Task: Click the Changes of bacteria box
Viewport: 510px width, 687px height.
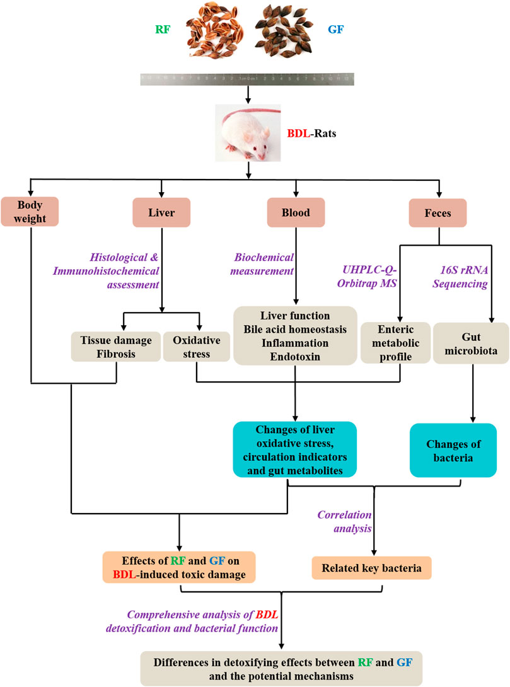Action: point(453,450)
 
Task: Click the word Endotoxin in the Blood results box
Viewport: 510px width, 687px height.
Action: point(296,355)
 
